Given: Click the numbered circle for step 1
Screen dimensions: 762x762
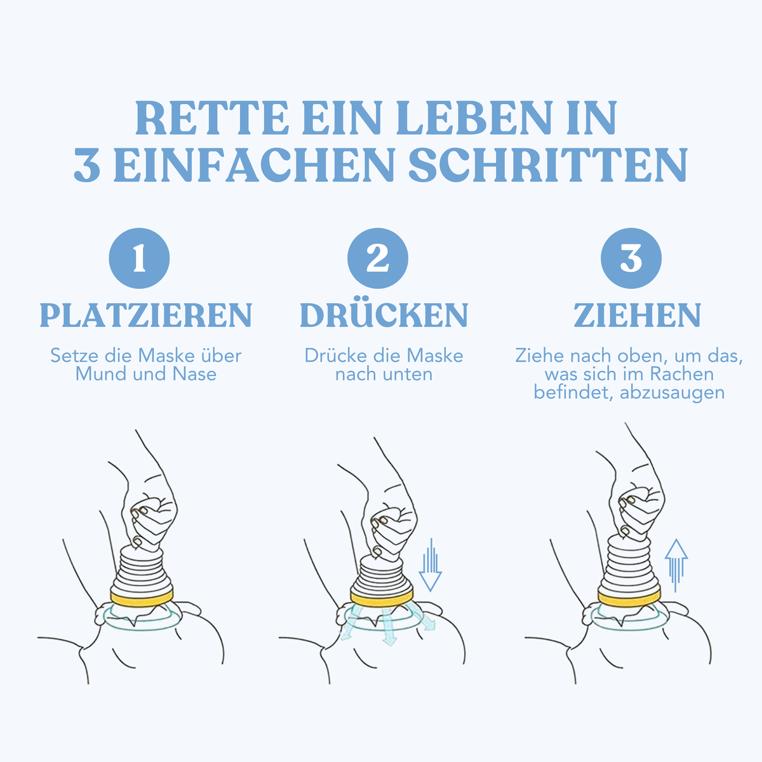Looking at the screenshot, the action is (139, 258).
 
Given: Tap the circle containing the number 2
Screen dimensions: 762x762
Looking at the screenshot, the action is (378, 258).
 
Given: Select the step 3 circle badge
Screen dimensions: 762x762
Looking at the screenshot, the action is (631, 258).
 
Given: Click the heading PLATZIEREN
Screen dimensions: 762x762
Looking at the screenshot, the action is (146, 315).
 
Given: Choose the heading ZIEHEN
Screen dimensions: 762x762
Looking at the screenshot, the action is (638, 315).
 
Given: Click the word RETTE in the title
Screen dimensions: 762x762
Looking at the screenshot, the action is (211, 118).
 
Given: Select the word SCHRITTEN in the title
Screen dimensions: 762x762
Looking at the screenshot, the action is (548, 164).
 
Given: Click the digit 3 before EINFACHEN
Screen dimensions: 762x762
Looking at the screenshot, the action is (86, 165).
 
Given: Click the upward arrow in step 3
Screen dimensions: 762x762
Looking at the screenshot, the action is (676, 566).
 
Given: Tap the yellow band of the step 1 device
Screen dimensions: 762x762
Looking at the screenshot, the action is (142, 599).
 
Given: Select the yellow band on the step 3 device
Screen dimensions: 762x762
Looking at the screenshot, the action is (629, 599).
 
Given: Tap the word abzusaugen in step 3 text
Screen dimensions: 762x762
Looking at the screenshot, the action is (672, 393).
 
